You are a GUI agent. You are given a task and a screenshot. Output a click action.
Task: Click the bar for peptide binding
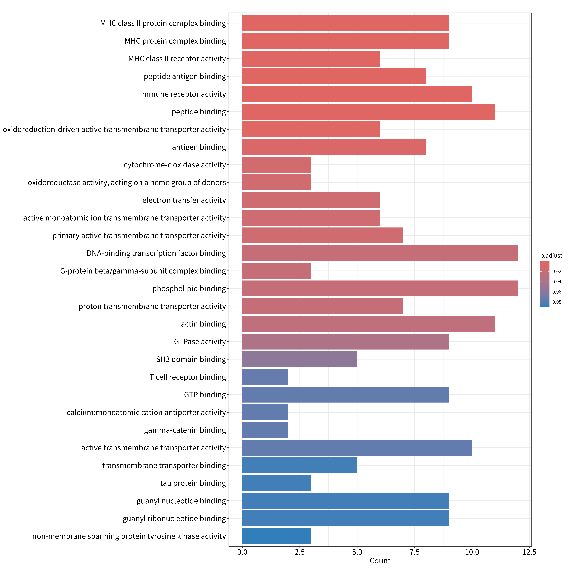point(368,112)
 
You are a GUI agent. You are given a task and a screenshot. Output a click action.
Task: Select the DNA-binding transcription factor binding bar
point(380,253)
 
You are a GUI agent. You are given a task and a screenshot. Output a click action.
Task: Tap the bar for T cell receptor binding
point(265,377)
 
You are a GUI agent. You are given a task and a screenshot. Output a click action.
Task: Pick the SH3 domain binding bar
point(300,359)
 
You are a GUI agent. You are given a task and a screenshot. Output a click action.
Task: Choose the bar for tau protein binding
point(277,483)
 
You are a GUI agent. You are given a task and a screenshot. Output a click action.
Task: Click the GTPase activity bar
point(345,342)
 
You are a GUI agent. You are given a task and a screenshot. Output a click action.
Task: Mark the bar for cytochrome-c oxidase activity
point(277,165)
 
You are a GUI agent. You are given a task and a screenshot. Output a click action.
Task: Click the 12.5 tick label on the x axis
point(529,552)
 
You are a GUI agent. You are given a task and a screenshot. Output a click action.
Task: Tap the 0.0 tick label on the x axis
point(242,552)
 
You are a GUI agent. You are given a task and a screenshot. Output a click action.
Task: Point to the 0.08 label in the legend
point(557,302)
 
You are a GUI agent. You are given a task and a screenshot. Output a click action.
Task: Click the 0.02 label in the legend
point(557,271)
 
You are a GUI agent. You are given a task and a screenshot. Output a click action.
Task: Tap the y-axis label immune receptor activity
point(183,94)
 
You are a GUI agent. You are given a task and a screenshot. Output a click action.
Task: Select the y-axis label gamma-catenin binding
point(185,430)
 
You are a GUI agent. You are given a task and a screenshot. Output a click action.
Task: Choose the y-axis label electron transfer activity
point(184,200)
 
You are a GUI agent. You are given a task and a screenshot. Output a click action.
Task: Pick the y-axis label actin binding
point(203,324)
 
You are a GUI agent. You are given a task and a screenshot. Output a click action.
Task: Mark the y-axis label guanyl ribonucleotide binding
point(174,519)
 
